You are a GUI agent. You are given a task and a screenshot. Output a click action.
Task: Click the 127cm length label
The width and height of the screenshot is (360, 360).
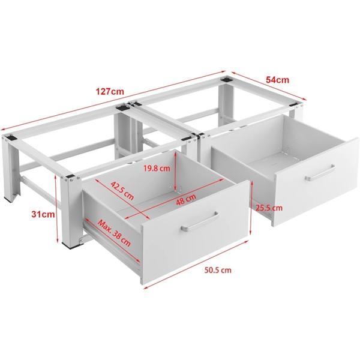point(110,92)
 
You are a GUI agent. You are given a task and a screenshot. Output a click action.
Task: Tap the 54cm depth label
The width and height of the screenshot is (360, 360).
point(277,80)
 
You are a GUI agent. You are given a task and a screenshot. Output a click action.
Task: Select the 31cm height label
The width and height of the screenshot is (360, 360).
point(43,214)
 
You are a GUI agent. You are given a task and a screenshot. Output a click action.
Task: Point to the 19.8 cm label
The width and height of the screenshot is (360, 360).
point(157,169)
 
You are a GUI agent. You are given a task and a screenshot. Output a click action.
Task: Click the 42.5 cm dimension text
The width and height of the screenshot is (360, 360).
point(122,191)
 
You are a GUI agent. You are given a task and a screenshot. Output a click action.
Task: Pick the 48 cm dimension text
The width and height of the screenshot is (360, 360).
point(186,200)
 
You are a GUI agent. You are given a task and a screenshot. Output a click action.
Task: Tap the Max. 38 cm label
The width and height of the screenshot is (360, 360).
point(114,233)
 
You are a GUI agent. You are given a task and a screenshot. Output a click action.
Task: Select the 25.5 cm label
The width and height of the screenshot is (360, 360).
point(269,208)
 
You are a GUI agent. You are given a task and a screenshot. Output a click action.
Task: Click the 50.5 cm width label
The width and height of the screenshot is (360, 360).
point(218,270)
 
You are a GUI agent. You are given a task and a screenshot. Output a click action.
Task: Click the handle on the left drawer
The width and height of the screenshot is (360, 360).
point(200,222)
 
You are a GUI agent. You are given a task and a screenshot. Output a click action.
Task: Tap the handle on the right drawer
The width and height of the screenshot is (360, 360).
point(320,173)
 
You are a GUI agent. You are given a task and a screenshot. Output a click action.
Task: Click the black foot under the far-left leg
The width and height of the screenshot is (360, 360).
point(9,200)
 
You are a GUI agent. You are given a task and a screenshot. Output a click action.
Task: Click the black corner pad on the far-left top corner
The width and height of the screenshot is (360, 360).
point(11,138)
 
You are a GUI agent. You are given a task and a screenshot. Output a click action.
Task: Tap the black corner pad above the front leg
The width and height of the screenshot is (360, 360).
point(70,176)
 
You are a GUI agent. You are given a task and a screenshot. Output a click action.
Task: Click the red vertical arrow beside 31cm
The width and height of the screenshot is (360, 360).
point(56,209)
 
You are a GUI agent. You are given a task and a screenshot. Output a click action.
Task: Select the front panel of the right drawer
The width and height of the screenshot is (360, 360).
point(316,180)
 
